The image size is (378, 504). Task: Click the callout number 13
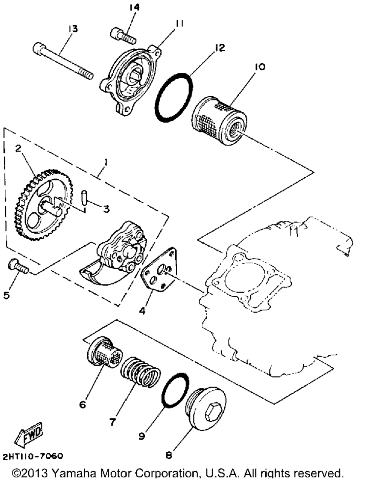point(73,29)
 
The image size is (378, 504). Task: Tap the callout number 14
point(134,7)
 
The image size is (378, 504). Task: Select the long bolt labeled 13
point(63,61)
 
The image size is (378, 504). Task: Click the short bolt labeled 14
point(124,35)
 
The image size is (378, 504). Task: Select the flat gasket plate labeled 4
point(160,270)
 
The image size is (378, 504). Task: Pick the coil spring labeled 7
point(140,372)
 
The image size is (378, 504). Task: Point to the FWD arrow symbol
point(28,435)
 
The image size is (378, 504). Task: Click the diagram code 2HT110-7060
point(33,456)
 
